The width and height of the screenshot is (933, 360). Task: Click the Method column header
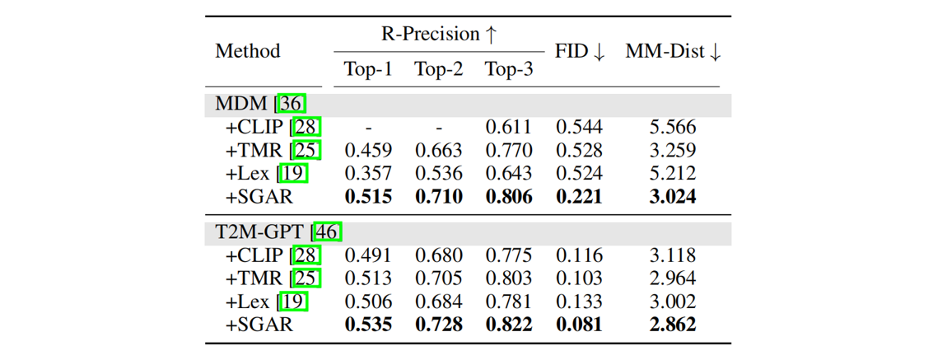(x=248, y=51)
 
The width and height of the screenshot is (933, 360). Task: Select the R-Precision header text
(x=438, y=34)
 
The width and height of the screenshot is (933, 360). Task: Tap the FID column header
(x=580, y=51)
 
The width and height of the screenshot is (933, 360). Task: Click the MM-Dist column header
(x=673, y=51)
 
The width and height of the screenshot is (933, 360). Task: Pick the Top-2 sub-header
(x=438, y=70)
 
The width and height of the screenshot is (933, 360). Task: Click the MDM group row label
(x=245, y=105)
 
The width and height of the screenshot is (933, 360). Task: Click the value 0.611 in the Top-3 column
(x=508, y=128)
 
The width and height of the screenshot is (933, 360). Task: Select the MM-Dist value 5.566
(x=673, y=128)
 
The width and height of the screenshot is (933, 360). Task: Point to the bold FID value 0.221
(x=579, y=197)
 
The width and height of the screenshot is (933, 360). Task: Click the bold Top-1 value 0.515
(x=368, y=197)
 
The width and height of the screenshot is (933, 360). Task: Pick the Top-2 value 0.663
(x=438, y=151)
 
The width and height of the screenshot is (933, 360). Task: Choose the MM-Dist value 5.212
(x=673, y=174)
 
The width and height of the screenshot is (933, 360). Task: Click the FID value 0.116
(x=579, y=255)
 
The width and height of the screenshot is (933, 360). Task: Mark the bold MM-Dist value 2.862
(x=673, y=325)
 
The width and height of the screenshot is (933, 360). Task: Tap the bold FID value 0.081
(x=579, y=325)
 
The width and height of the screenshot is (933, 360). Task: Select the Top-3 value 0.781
(x=508, y=302)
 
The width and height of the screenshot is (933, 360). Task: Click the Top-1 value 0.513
(x=368, y=278)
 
